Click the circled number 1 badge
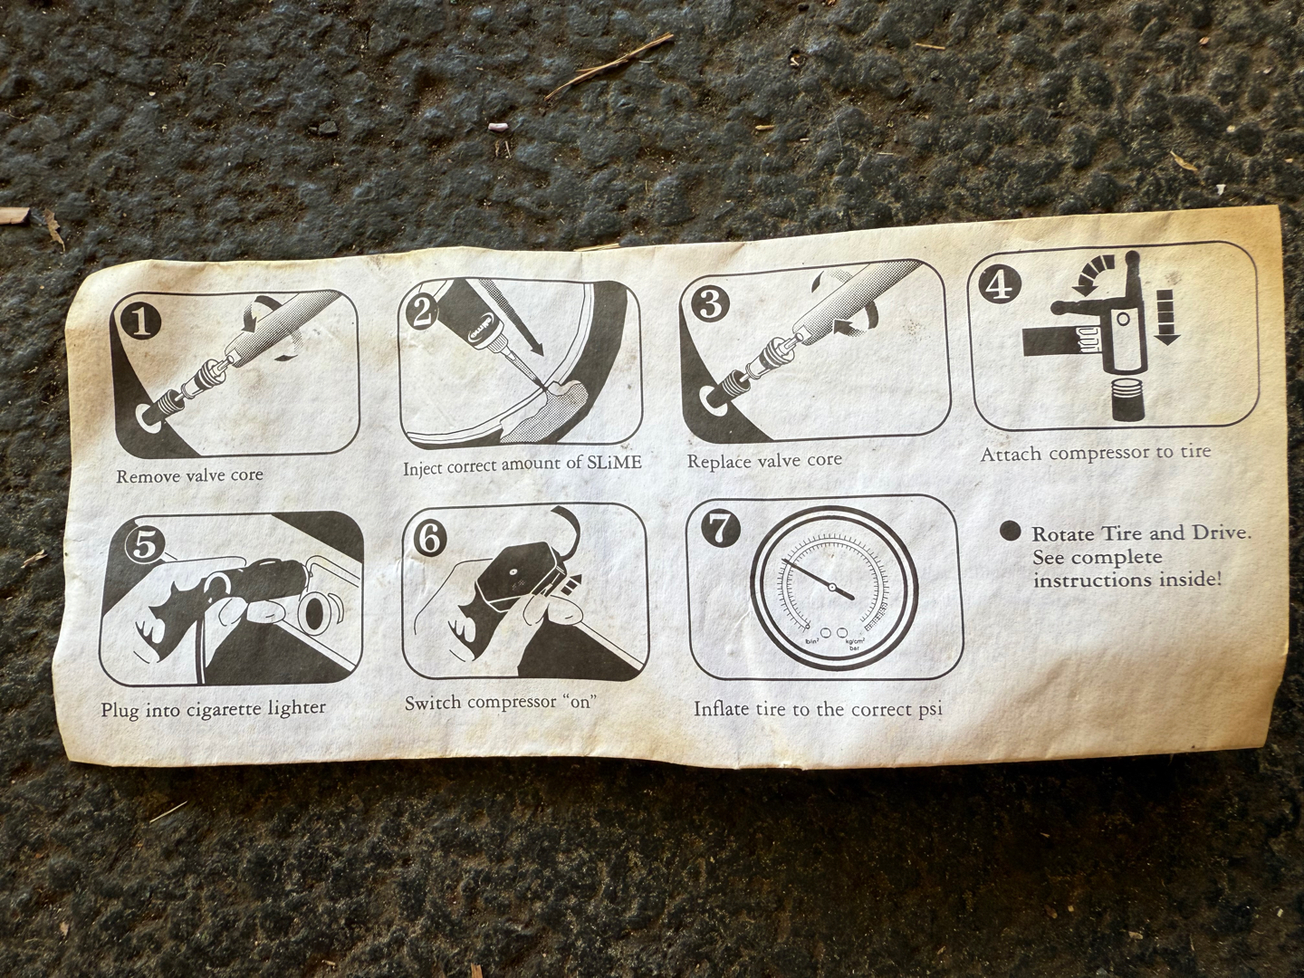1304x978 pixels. point(140,322)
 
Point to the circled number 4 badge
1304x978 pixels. point(999,285)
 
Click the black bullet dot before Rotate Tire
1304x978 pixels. point(1010,531)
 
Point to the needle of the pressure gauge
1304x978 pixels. point(818,579)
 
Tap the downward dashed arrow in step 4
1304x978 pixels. point(1166,317)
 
